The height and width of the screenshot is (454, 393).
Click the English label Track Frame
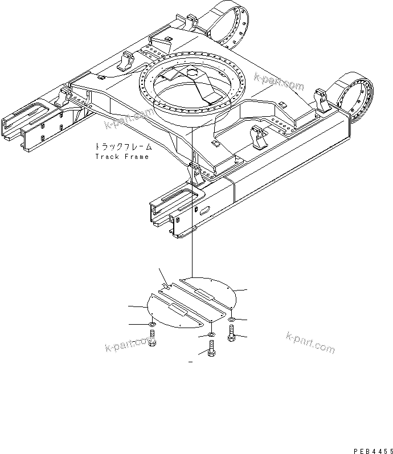point(121,157)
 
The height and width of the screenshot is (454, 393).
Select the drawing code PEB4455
point(372,451)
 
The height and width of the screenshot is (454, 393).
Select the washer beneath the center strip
point(211,334)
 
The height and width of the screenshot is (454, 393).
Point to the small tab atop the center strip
point(164,284)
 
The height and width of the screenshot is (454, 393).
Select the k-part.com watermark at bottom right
point(310,341)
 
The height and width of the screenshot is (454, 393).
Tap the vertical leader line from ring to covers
point(192,228)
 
